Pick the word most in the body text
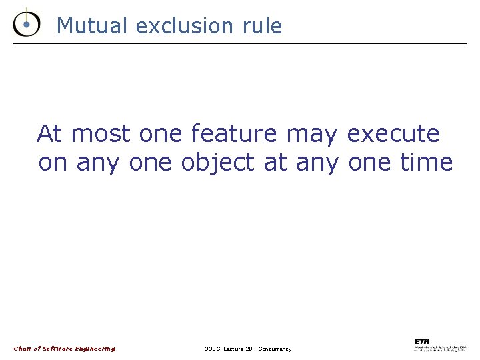(101, 135)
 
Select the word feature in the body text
(233, 134)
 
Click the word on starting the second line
(53, 163)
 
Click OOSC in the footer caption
(212, 349)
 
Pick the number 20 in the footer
(249, 349)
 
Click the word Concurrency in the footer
(275, 349)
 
